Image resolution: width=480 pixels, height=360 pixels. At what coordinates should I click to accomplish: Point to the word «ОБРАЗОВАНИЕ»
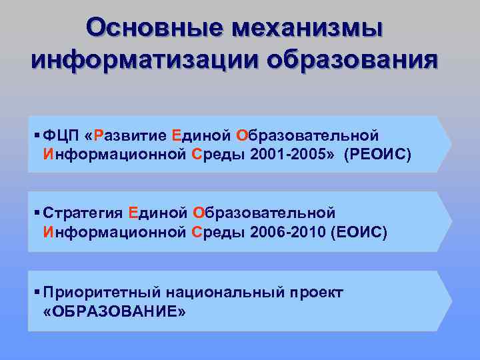point(113,312)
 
